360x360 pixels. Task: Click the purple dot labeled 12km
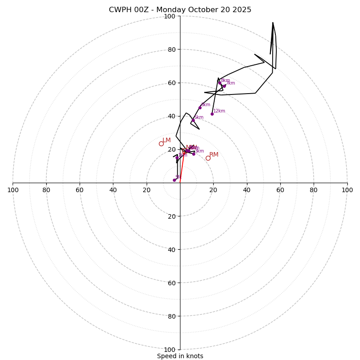212,114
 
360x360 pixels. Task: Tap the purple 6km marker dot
200,108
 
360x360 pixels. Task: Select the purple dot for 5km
193,120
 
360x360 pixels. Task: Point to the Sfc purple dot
174,180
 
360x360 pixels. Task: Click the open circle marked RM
208,158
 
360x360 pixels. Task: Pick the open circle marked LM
161,144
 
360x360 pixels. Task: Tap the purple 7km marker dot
224,86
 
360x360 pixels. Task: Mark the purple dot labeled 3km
193,154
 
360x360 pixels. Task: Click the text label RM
214,155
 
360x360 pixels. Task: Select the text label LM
166,140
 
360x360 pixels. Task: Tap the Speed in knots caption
180,356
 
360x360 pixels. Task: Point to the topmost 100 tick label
170,16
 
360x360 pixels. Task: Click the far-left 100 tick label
13,190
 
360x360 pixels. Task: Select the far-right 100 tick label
347,190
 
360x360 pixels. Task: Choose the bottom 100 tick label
170,350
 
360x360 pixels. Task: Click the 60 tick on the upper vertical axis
171,83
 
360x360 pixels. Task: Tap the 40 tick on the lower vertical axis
171,249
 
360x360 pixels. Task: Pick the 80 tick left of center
46,190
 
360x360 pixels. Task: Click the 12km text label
219,111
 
